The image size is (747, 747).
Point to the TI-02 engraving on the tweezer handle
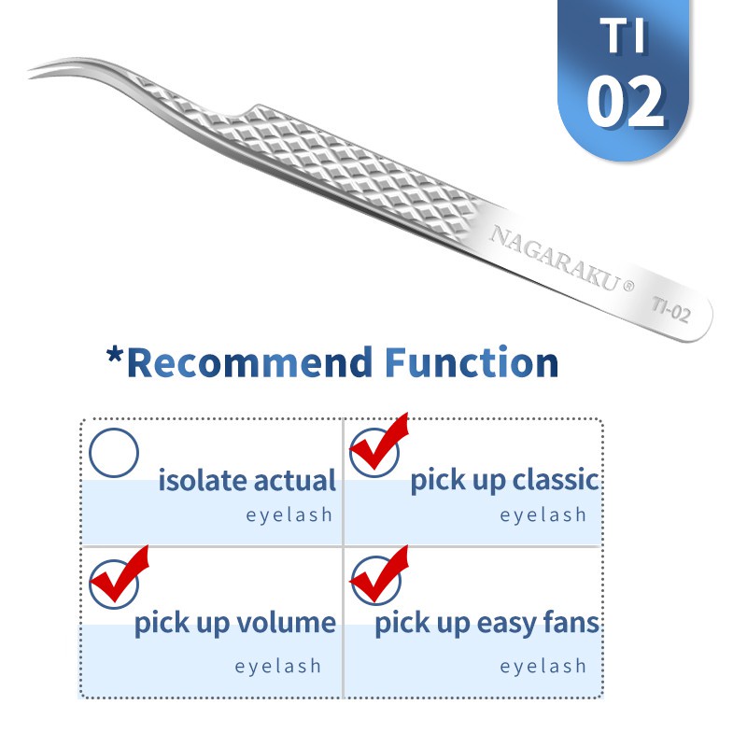[671, 309]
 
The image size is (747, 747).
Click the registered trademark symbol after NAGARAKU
[628, 286]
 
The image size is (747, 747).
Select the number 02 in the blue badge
[625, 102]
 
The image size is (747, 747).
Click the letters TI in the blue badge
[623, 35]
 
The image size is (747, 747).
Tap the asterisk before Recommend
[115, 355]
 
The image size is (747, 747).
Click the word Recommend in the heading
[250, 362]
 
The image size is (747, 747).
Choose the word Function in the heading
[472, 362]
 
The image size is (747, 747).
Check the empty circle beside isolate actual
[114, 453]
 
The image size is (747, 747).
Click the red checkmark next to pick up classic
[379, 443]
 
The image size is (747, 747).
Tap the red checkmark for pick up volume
[120, 575]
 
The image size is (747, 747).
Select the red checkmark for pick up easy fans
[380, 575]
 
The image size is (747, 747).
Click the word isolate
[203, 480]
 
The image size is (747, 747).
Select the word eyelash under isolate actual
[289, 514]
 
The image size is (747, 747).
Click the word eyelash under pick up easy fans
[543, 666]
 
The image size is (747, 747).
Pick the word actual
[294, 480]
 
